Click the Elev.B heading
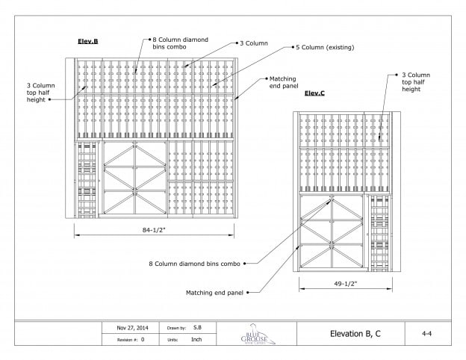click(88, 40)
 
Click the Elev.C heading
click(314, 93)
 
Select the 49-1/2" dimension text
click(341, 285)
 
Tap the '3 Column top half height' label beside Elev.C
click(415, 81)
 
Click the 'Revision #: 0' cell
click(132, 338)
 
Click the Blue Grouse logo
click(257, 333)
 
